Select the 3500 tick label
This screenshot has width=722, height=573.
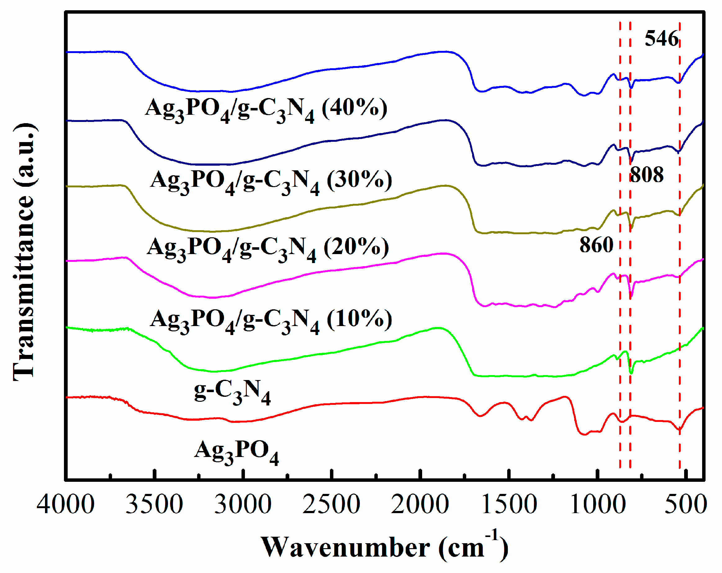click(x=154, y=505)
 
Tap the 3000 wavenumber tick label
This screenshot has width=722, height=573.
click(x=243, y=505)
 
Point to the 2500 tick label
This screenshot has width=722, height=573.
click(x=332, y=505)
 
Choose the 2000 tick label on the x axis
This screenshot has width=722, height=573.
click(x=420, y=505)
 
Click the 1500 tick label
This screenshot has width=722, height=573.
click(x=509, y=505)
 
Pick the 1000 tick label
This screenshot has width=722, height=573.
click(x=598, y=505)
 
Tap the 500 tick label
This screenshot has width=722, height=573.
click(x=685, y=505)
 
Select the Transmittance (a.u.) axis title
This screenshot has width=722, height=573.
click(x=24, y=252)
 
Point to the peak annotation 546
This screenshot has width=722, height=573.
click(x=661, y=38)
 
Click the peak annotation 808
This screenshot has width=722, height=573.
click(x=647, y=175)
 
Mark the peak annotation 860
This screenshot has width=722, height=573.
click(x=596, y=245)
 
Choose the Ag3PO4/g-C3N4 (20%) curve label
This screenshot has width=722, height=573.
click(x=268, y=249)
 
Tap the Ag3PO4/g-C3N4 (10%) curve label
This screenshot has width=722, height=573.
click(x=271, y=320)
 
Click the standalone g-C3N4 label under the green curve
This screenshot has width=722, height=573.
click(x=232, y=392)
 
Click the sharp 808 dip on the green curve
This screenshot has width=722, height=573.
click(x=631, y=372)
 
